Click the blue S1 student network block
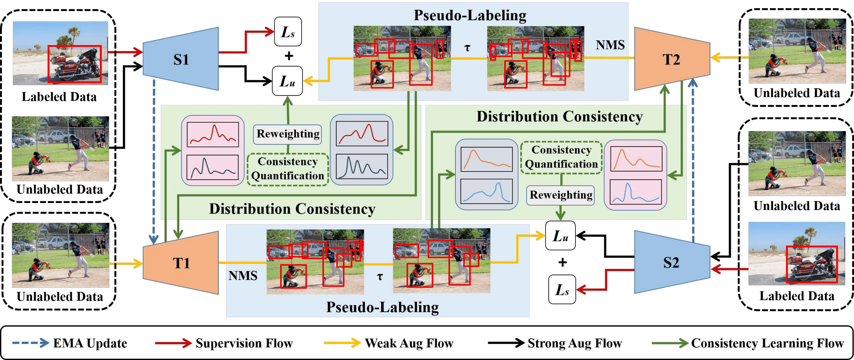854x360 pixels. [181, 59]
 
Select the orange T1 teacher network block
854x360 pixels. [181, 263]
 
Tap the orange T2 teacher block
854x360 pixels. [672, 59]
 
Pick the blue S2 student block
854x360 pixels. [672, 262]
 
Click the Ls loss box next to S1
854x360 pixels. [288, 31]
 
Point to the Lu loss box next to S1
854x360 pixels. [287, 81]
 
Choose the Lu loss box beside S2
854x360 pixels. [560, 236]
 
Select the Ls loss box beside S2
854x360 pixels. [562, 289]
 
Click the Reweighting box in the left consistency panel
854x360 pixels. [288, 134]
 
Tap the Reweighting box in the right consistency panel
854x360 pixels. [561, 195]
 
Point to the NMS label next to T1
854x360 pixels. [243, 275]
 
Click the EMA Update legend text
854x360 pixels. [90, 343]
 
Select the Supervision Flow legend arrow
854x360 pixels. [173, 343]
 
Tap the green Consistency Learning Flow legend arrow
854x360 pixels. [670, 343]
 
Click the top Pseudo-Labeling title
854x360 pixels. [470, 16]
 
